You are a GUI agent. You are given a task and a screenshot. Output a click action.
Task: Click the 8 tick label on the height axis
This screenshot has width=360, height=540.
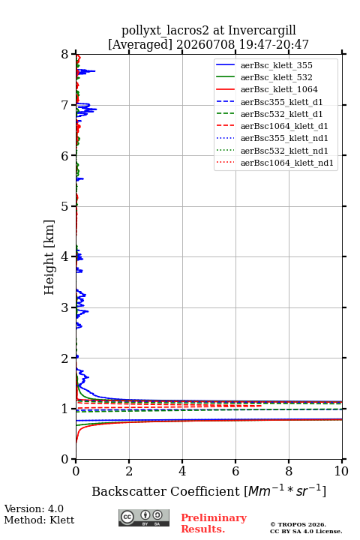tap(65, 55)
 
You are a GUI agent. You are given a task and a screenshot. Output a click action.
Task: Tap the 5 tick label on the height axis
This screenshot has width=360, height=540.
tap(65, 207)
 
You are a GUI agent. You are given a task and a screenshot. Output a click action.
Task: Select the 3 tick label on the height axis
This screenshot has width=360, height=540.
tap(65, 307)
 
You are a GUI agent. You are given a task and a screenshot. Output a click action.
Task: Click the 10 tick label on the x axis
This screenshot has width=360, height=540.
tap(341, 471)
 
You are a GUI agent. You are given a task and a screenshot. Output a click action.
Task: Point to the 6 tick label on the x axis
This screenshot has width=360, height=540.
tap(235, 471)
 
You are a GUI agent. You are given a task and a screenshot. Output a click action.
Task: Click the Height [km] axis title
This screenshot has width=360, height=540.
tap(49, 257)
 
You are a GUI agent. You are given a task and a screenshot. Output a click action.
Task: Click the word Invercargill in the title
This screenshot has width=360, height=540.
tap(262, 31)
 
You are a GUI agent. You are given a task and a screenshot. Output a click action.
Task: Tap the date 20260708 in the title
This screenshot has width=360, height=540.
tap(205, 44)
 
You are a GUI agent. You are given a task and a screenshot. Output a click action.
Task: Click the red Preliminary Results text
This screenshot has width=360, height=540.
tap(214, 523)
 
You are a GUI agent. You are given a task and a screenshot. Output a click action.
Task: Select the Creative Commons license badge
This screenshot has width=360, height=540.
tap(144, 517)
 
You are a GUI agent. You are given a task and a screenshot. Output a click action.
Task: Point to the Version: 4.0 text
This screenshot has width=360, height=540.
tap(34, 508)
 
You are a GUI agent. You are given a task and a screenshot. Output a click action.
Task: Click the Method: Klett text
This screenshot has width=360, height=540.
tap(39, 520)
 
